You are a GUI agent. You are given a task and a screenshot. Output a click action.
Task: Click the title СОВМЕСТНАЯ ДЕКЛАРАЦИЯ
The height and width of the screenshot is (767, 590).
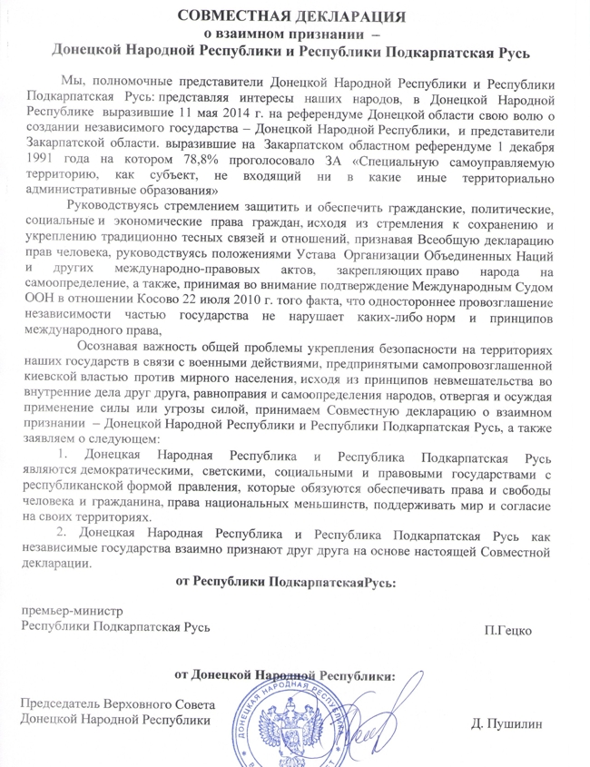pyautogui.click(x=291, y=15)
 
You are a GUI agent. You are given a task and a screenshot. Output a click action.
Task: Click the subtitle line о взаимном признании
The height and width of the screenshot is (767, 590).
pyautogui.click(x=291, y=34)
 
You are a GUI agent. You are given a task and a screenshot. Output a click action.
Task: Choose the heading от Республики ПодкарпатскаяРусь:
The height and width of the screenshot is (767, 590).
pyautogui.click(x=285, y=581)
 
